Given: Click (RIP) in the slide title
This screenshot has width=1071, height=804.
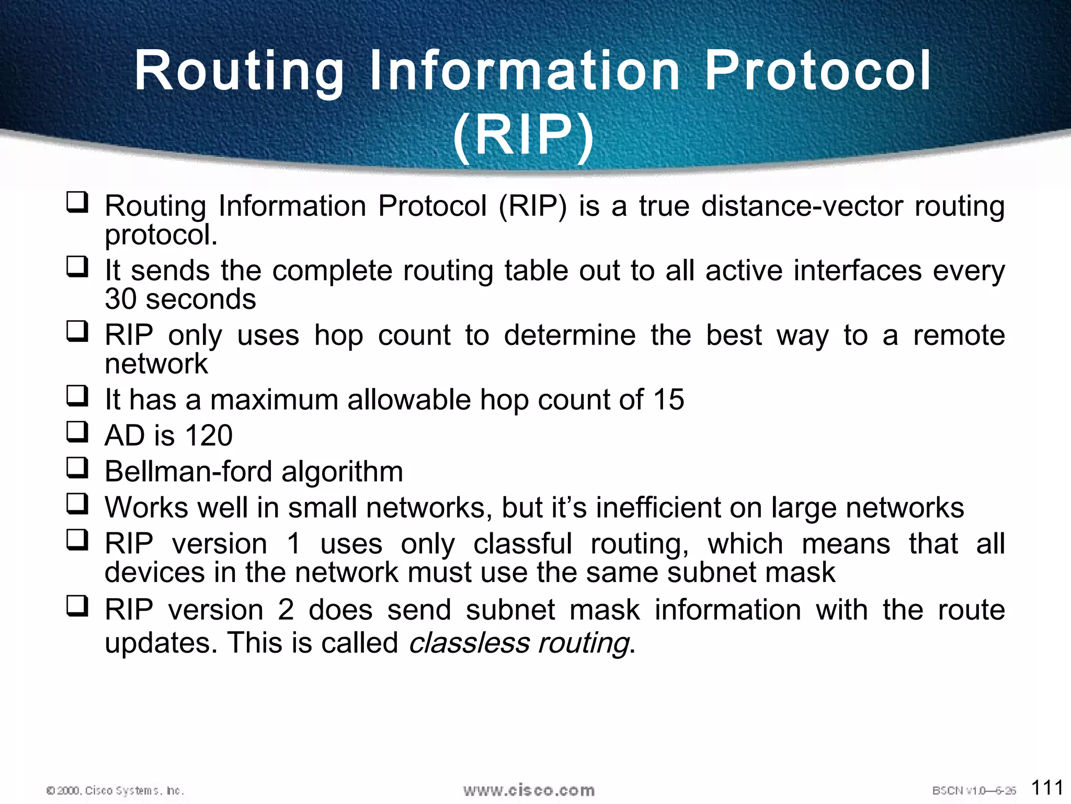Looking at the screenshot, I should (x=523, y=136).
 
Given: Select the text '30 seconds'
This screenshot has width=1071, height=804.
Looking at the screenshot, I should (x=180, y=299).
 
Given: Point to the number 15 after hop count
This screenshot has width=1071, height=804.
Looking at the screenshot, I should (x=668, y=399).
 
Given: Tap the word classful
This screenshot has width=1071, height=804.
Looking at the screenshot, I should (x=522, y=543).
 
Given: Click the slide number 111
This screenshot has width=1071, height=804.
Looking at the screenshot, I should (x=1047, y=787).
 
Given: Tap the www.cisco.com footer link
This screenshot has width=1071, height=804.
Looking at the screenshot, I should (x=529, y=790).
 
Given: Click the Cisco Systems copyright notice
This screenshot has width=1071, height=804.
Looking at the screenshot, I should (x=115, y=790).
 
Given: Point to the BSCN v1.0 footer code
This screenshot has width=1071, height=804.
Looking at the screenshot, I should (x=973, y=790).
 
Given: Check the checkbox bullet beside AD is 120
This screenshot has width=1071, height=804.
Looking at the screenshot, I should (x=77, y=432).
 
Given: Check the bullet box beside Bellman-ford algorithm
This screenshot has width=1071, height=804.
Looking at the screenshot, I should (x=77, y=468).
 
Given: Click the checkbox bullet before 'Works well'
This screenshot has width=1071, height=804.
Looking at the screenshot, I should (x=77, y=504).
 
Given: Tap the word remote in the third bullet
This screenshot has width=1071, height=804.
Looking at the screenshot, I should (x=959, y=335).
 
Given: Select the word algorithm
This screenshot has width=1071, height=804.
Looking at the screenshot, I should (x=342, y=471).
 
